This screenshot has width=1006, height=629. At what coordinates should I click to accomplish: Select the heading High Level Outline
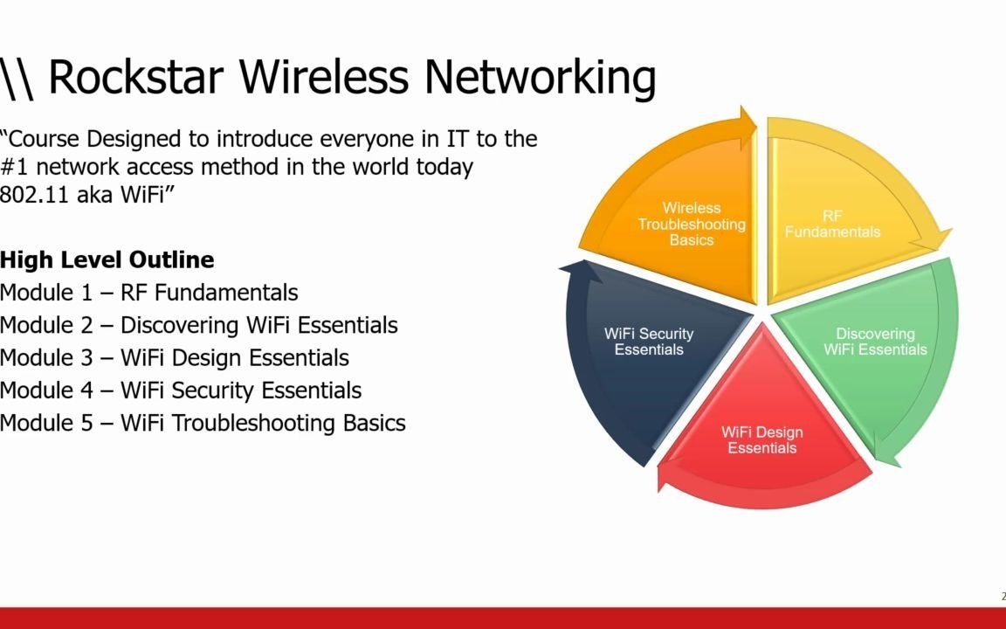[x=107, y=259]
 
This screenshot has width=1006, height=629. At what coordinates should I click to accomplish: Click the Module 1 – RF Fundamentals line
[x=148, y=292]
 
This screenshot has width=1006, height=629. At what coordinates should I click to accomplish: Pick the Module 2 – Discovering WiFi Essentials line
[x=198, y=325]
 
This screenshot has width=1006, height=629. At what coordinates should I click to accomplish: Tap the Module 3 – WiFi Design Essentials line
[x=174, y=357]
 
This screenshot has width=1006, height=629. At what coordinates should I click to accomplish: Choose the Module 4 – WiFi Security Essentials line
[x=180, y=390]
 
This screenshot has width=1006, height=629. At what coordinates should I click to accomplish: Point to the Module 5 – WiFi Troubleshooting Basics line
[x=203, y=423]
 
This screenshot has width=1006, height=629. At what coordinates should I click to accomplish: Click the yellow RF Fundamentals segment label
[x=832, y=224]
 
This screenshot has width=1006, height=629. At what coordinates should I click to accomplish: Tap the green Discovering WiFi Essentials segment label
[x=875, y=342]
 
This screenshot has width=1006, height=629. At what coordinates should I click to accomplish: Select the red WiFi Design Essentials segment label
[x=761, y=440]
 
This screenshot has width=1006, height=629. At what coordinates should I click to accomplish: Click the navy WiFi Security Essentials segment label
[x=648, y=342]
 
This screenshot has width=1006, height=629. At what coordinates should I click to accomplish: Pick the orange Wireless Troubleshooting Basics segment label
[x=692, y=224]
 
